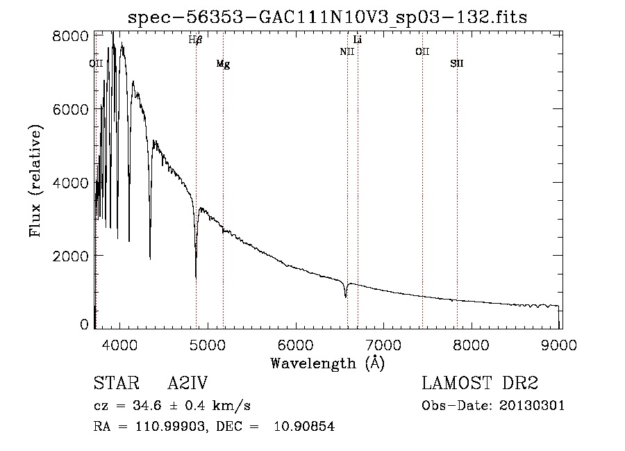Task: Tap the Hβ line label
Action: [195, 40]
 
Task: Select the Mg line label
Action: [223, 64]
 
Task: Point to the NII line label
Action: [347, 52]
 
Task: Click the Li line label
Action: [358, 40]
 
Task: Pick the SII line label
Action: [456, 64]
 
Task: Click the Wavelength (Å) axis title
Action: [327, 363]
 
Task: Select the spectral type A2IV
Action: [187, 384]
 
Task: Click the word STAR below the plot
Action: [116, 384]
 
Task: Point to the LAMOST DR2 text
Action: [480, 384]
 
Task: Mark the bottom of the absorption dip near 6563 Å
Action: [346, 297]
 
